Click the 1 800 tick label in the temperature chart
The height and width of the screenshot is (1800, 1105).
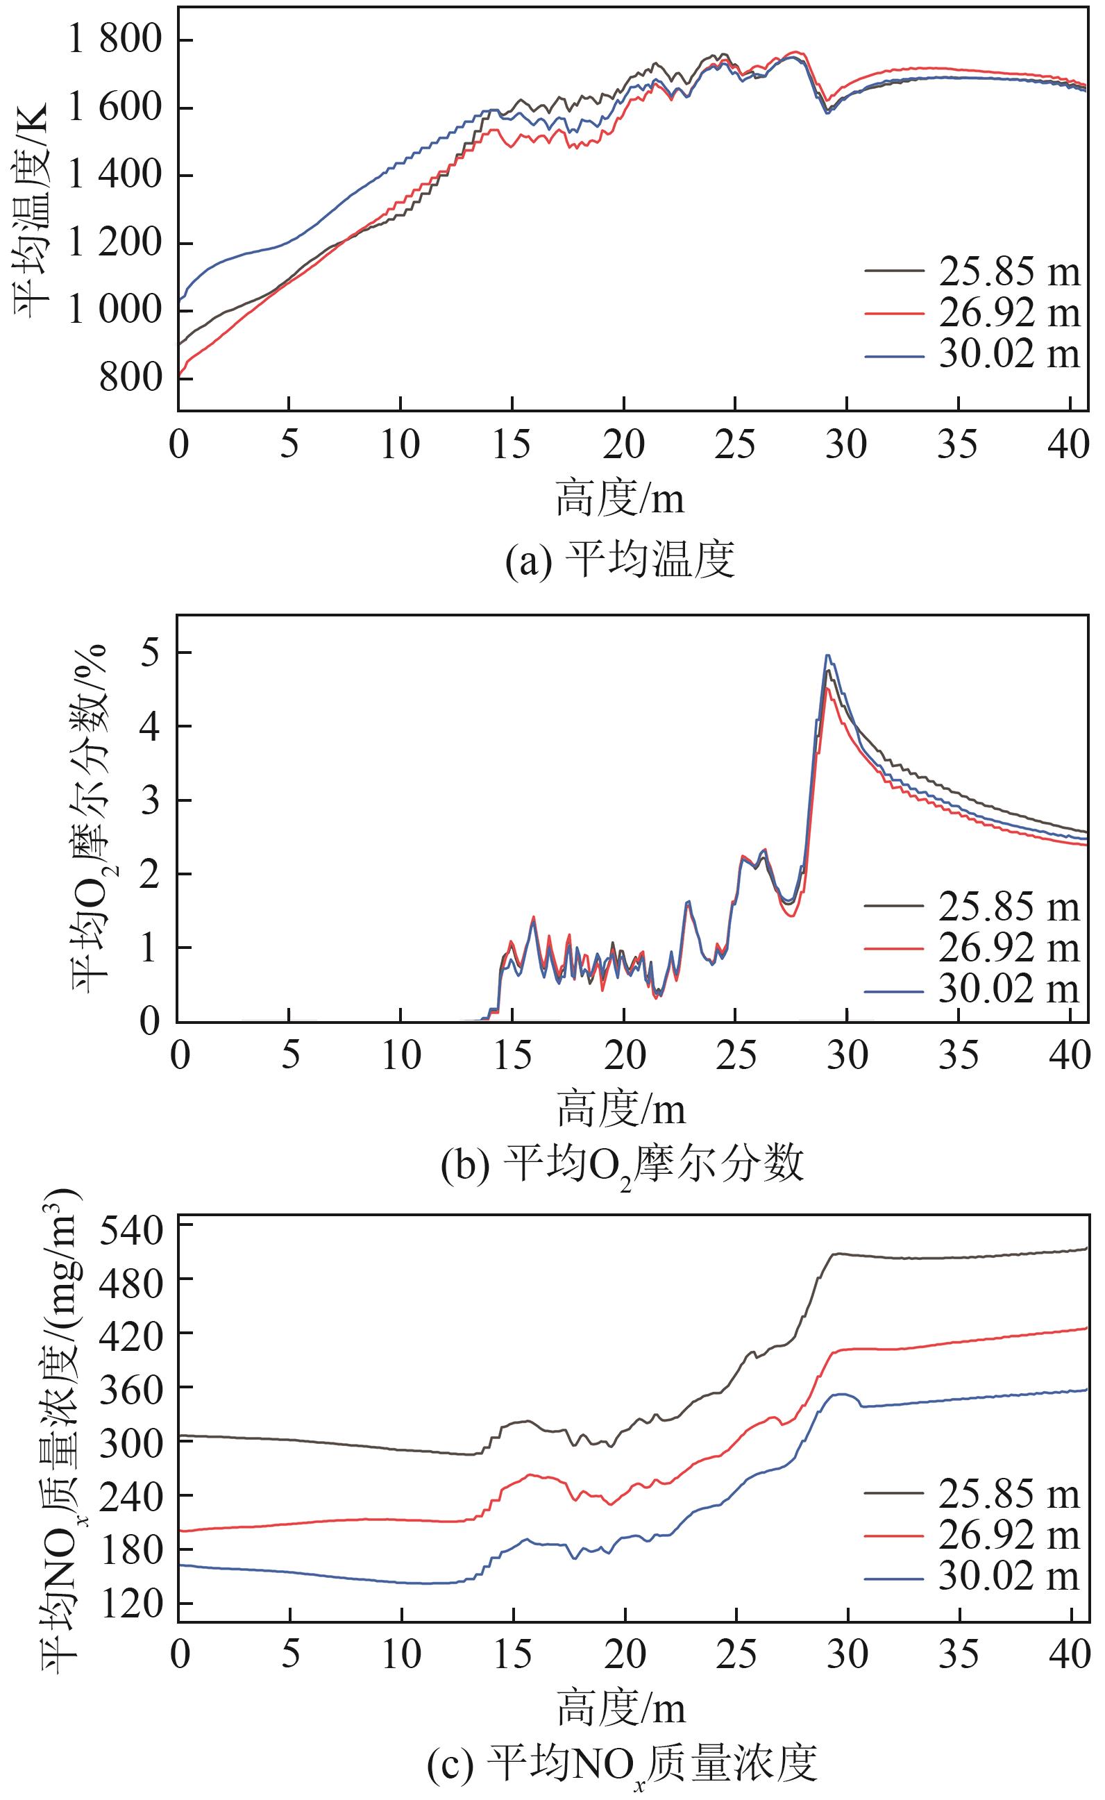click(114, 40)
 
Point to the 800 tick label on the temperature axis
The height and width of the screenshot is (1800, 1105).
click(129, 378)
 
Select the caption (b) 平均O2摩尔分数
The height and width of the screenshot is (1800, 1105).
click(622, 1164)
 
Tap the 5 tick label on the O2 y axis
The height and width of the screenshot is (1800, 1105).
click(150, 653)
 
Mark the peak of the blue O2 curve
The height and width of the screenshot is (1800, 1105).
click(828, 655)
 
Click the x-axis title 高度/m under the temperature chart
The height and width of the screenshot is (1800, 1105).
click(620, 500)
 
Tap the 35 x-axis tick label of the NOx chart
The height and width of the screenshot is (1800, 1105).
click(958, 1656)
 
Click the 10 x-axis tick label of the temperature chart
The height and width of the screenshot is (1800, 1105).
click(400, 444)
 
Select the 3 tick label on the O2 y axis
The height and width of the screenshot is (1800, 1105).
click(150, 801)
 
